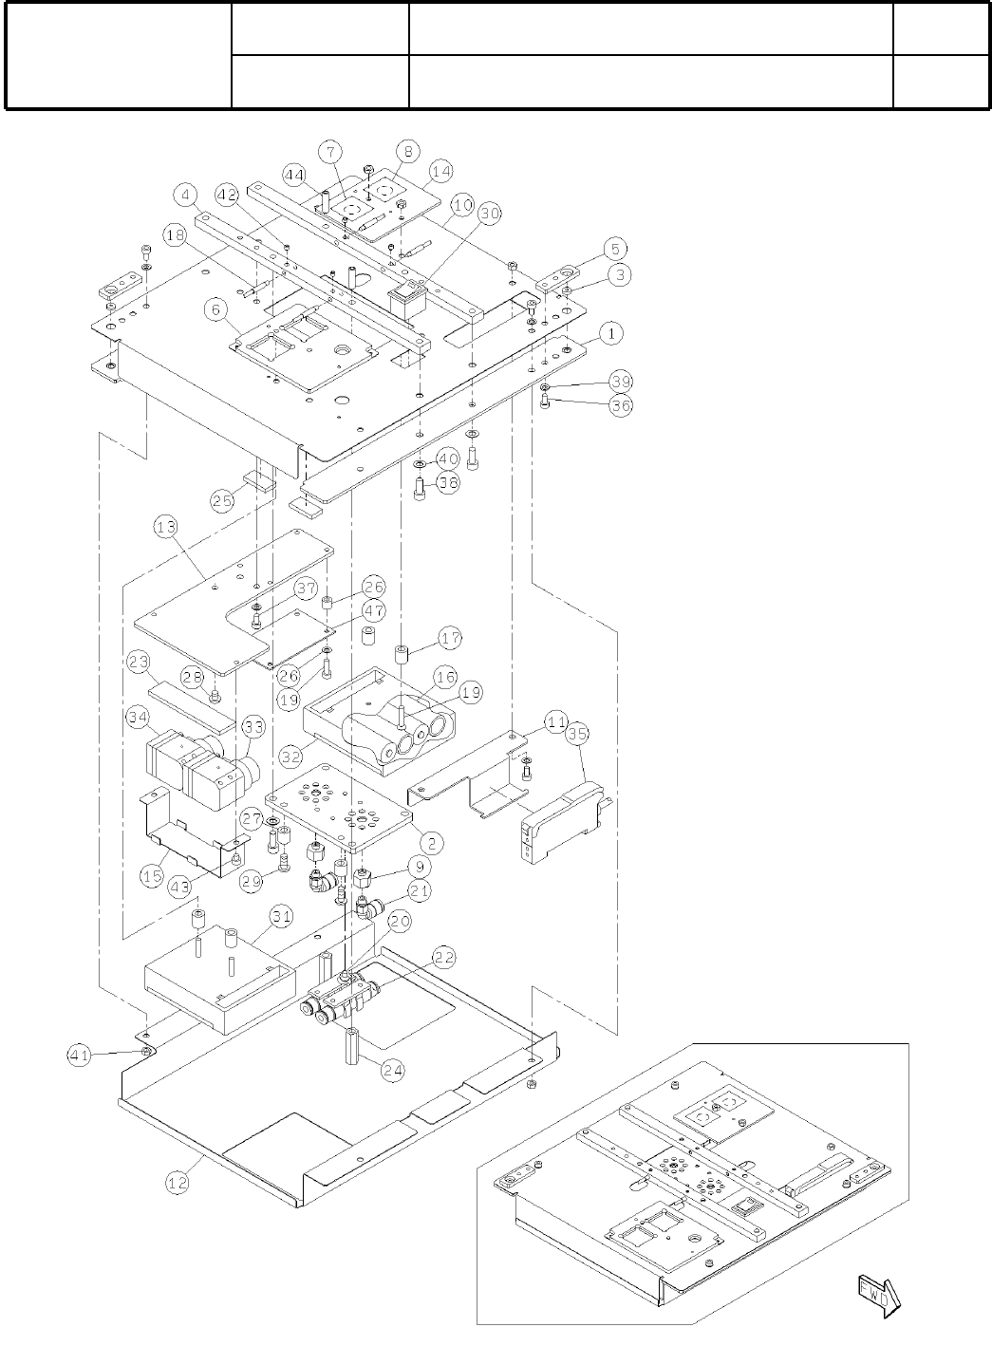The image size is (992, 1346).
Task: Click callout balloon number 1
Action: click(613, 334)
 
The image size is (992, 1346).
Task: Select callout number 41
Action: click(80, 1053)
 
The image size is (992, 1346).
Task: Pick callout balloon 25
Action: click(223, 500)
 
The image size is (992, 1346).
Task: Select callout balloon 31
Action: click(282, 916)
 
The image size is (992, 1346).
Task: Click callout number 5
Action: click(615, 250)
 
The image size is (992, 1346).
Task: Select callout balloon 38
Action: click(447, 482)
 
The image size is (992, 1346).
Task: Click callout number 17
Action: click(450, 638)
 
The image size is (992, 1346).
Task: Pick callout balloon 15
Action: click(152, 875)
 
